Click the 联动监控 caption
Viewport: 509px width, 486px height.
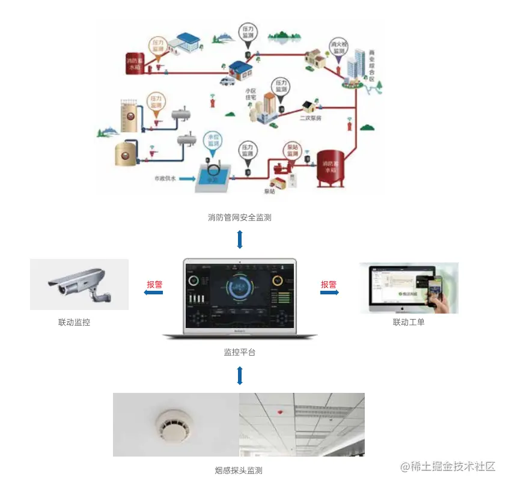(74, 323)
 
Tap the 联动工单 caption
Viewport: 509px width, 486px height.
(409, 323)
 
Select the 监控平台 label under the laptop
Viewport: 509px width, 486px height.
(240, 352)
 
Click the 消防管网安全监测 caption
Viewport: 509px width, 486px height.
(240, 217)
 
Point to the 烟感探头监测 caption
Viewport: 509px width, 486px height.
(239, 470)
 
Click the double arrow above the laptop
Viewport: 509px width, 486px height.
(240, 240)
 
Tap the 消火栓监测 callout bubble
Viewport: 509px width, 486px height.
(338, 47)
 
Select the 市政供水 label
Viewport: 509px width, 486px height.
(163, 178)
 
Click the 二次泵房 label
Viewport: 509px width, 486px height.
(310, 118)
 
